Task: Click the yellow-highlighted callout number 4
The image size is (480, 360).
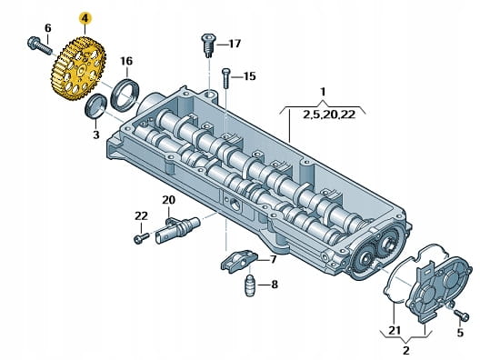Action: [x=85, y=18]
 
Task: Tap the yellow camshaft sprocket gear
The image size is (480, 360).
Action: [x=78, y=68]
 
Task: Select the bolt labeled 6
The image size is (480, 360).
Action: [x=40, y=45]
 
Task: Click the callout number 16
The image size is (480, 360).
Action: [x=126, y=61]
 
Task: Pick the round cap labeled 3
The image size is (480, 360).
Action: [x=95, y=106]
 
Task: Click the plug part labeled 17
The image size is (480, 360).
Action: [x=209, y=45]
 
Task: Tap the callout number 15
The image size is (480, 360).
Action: [x=249, y=76]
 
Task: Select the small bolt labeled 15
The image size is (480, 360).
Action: [x=225, y=78]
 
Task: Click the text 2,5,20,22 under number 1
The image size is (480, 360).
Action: [x=329, y=115]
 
